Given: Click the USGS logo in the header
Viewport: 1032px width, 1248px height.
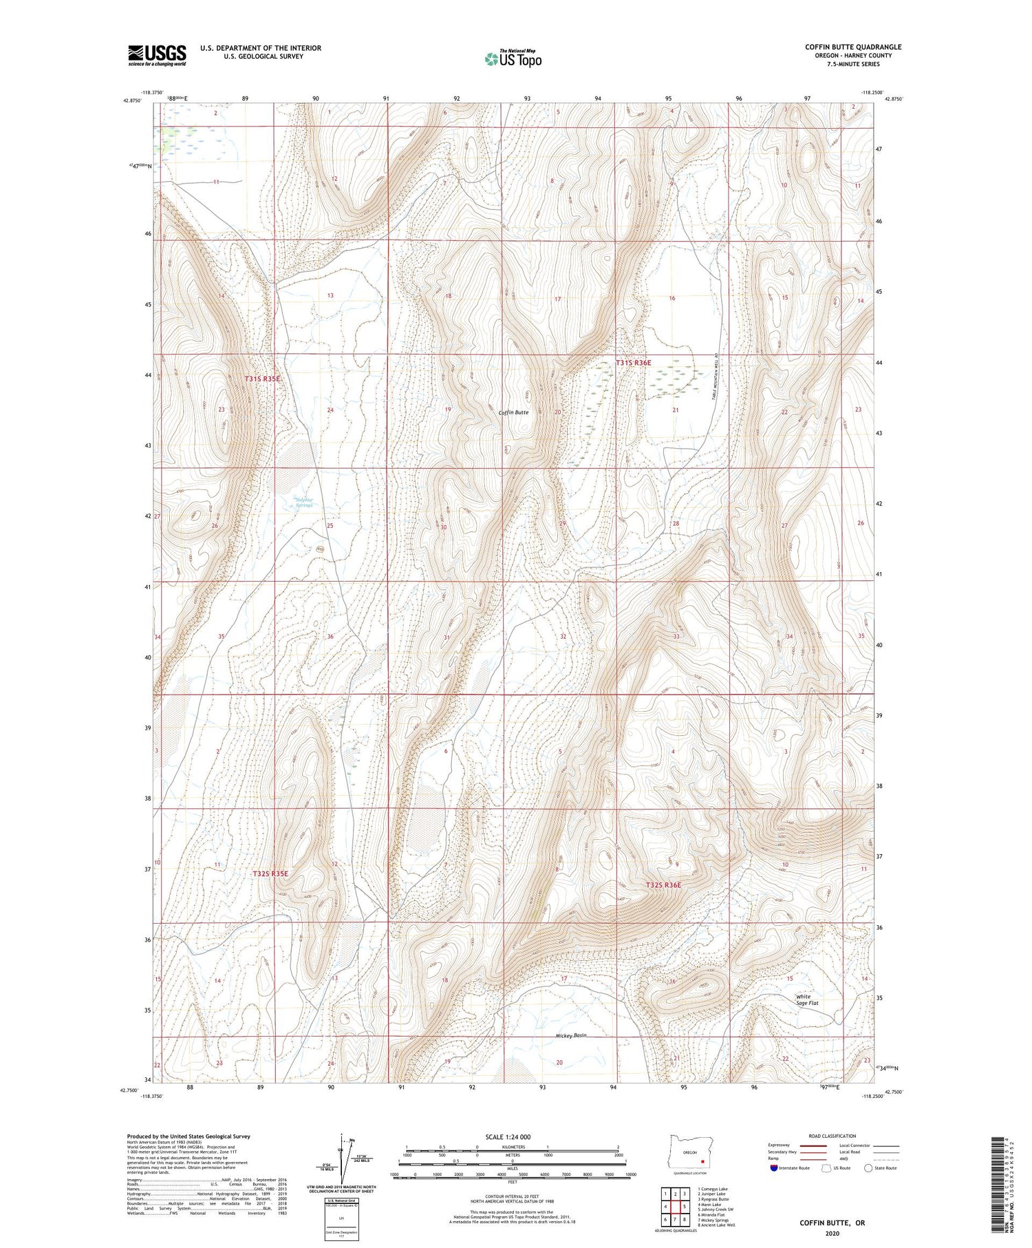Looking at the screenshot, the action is click(157, 55).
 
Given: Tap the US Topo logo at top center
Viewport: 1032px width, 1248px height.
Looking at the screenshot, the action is click(513, 58).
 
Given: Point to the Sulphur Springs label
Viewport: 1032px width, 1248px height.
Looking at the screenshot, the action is click(303, 502).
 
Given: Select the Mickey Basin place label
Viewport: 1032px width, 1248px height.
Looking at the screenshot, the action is click(571, 1035).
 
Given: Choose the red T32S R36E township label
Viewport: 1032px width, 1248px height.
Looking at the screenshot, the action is click(663, 885).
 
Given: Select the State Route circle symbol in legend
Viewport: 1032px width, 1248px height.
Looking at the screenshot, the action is click(868, 1168).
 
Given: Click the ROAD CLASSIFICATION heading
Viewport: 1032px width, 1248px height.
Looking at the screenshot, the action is click(832, 1136).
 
